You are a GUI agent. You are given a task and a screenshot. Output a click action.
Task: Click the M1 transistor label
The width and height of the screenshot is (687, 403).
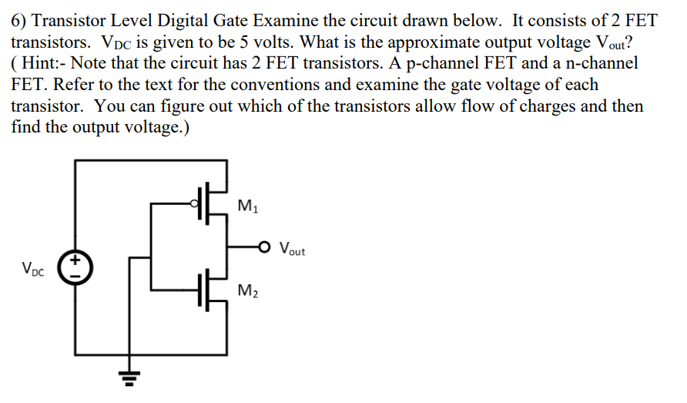(x=248, y=206)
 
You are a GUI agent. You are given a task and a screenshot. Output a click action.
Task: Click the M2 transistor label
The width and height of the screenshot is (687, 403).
(x=248, y=290)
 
